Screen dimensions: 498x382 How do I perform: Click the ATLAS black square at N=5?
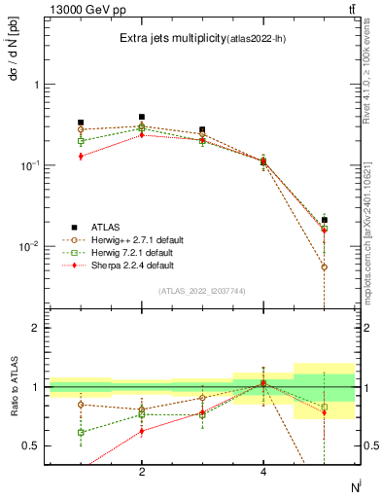(325, 220)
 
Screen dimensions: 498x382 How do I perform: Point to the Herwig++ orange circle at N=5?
(325, 267)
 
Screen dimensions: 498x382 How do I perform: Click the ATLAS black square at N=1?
(81, 123)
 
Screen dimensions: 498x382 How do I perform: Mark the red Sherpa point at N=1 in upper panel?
(81, 157)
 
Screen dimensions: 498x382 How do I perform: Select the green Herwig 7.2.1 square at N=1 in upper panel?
(81, 141)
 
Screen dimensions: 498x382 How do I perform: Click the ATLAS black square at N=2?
(142, 117)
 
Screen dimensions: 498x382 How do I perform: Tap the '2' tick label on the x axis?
(142, 472)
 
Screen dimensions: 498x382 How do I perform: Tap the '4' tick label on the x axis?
(263, 472)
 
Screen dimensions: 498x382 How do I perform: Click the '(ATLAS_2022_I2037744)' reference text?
(202, 291)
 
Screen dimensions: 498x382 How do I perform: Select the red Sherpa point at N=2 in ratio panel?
(142, 431)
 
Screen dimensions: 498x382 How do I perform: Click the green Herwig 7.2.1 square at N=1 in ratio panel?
(81, 432)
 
